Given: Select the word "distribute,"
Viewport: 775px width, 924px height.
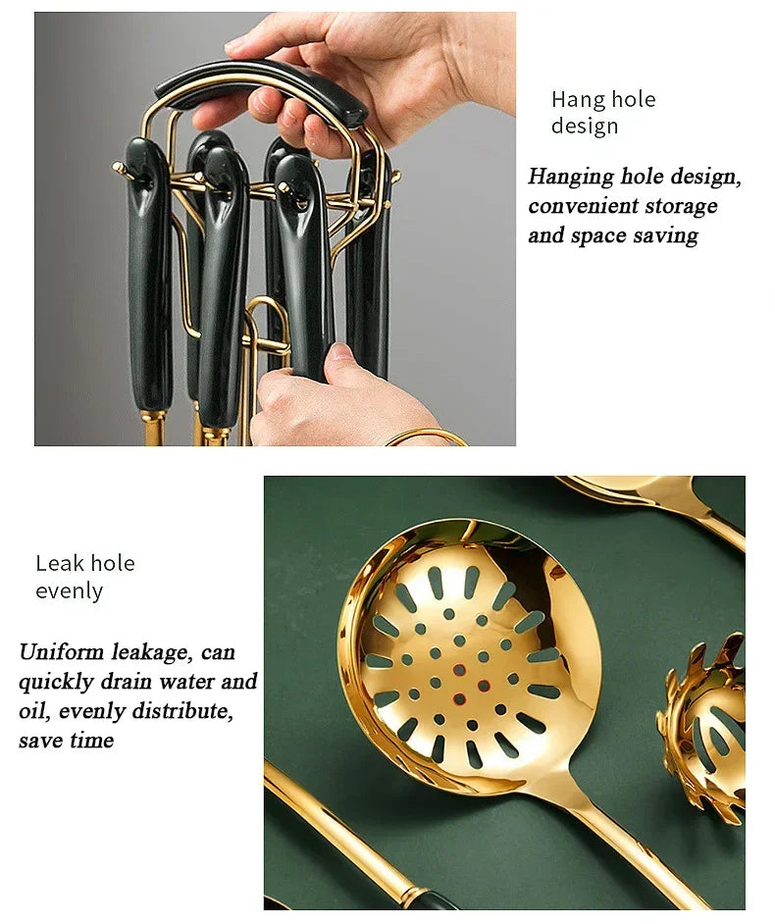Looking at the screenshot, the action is point(182,711).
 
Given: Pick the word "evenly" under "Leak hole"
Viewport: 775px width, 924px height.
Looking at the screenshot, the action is point(70,591).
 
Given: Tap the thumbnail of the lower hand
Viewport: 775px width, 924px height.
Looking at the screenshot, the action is point(340,352).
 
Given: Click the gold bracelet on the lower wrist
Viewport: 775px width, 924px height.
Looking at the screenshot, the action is point(428,436).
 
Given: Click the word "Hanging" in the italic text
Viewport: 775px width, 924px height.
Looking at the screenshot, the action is point(571,178).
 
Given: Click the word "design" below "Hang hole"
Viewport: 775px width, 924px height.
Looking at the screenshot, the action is point(585,128).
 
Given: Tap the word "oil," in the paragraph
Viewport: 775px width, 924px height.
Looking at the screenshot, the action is point(35,711).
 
